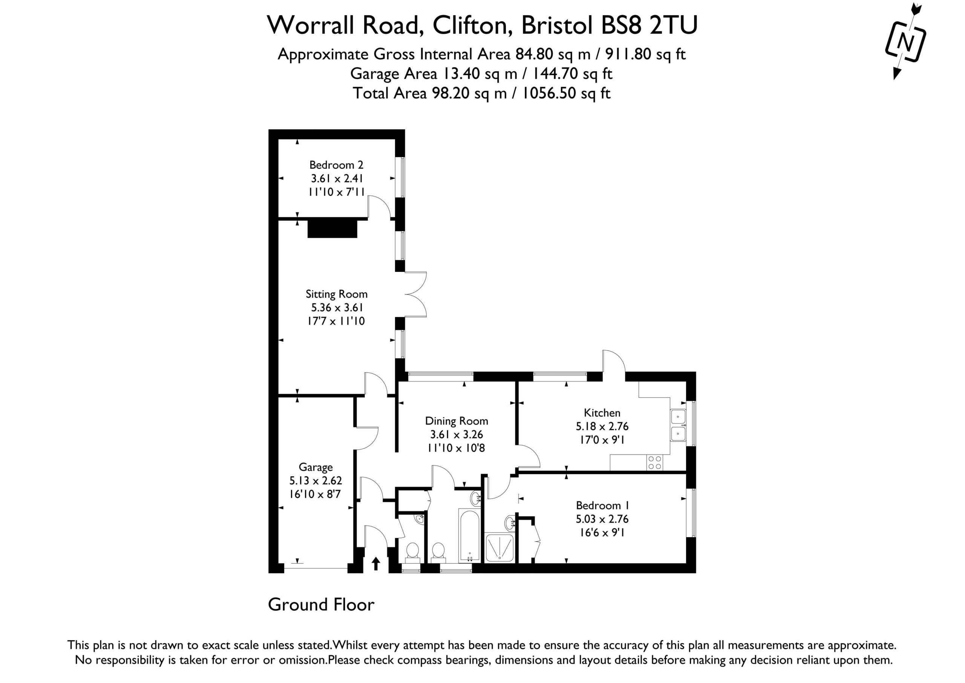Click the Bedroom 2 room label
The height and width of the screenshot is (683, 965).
coord(336,165)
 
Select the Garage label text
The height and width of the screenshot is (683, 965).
coord(316,467)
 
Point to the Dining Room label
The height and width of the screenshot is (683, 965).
coord(456,421)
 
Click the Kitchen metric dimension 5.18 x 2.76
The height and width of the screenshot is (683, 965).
coord(602,427)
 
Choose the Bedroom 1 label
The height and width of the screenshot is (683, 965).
coord(602,505)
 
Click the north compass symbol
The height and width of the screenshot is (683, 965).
coord(905,41)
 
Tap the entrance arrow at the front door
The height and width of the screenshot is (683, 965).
coord(376,564)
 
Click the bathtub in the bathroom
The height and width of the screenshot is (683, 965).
coord(469,536)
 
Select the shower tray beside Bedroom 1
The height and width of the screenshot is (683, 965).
coord(499,548)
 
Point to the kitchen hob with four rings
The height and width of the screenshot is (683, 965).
coord(655,463)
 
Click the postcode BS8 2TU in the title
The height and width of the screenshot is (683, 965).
coord(649,25)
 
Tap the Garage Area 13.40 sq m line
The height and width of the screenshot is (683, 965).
coord(481,74)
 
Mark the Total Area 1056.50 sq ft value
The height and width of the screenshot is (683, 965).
coord(566,93)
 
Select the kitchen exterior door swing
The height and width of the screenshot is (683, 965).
coord(614,361)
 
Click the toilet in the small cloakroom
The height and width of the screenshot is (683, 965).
coord(412,552)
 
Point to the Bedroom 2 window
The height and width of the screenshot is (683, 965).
coord(402,177)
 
